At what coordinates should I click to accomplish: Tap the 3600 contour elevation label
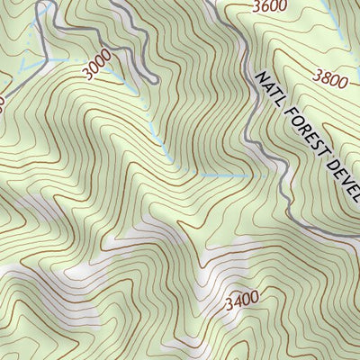coord(271,7)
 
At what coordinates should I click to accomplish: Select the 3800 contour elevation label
coord(330,79)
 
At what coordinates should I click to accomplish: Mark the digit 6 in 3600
coord(266,7)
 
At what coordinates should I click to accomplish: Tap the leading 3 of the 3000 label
coord(87,75)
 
